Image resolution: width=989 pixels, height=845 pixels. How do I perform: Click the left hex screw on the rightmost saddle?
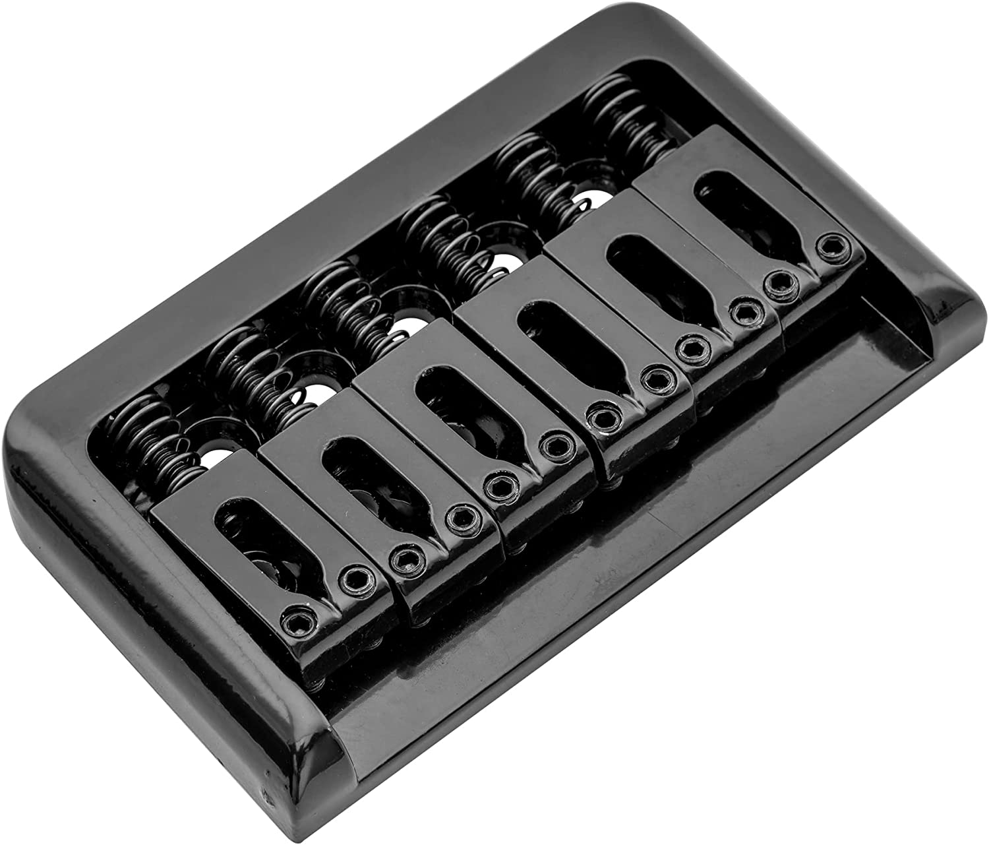point(781,284)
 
